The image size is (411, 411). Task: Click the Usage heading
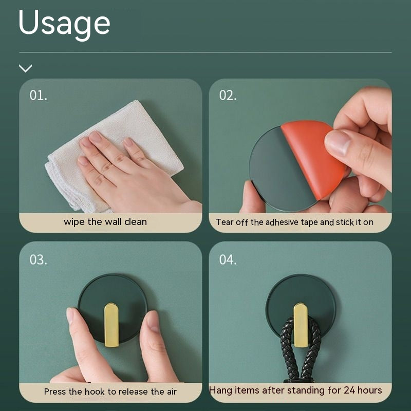[64, 24]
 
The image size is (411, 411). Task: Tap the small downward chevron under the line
[25, 68]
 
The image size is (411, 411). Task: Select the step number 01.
[38, 95]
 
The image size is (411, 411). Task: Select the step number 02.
[228, 95]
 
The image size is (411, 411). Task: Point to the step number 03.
[38, 259]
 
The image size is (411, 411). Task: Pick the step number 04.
[228, 259]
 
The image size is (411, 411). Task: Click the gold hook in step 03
[111, 325]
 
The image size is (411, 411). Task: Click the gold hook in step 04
[301, 325]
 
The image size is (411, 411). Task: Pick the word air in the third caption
[172, 391]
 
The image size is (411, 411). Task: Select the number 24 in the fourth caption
[350, 390]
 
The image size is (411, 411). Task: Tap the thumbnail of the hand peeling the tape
[300, 146]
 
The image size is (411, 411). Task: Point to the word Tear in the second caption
[225, 222]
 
